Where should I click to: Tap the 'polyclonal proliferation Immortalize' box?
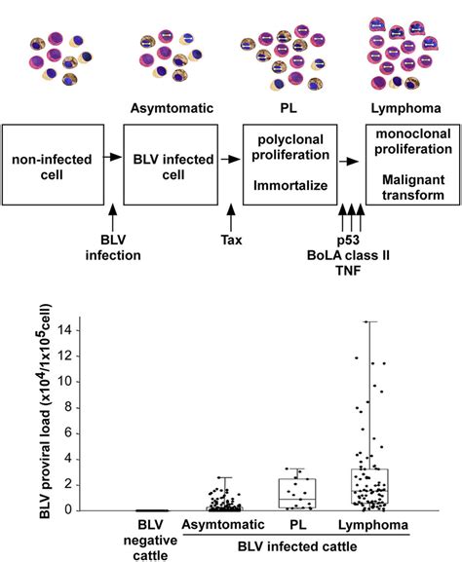point(289,162)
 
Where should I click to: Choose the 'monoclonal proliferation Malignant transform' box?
point(410,162)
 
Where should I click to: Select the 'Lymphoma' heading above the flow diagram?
point(410,107)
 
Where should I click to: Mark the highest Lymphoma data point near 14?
point(368,321)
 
